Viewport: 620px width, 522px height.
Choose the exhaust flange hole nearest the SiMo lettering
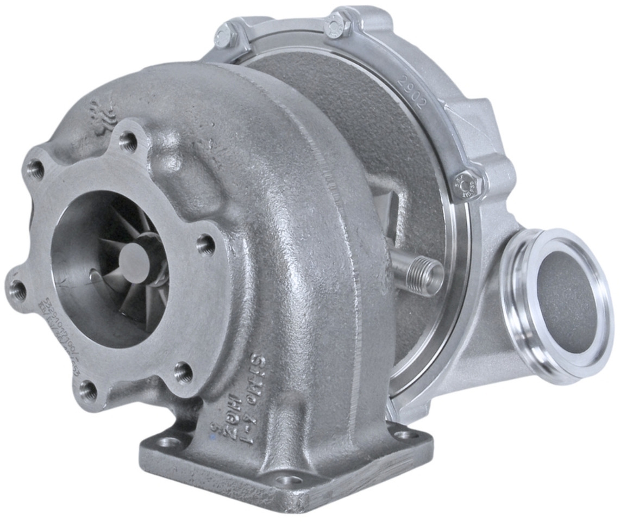(183, 372)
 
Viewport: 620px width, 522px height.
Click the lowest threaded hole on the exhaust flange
(89, 390)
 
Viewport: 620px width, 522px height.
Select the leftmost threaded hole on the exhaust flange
(18, 291)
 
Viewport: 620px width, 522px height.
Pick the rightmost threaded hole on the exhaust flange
(205, 245)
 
